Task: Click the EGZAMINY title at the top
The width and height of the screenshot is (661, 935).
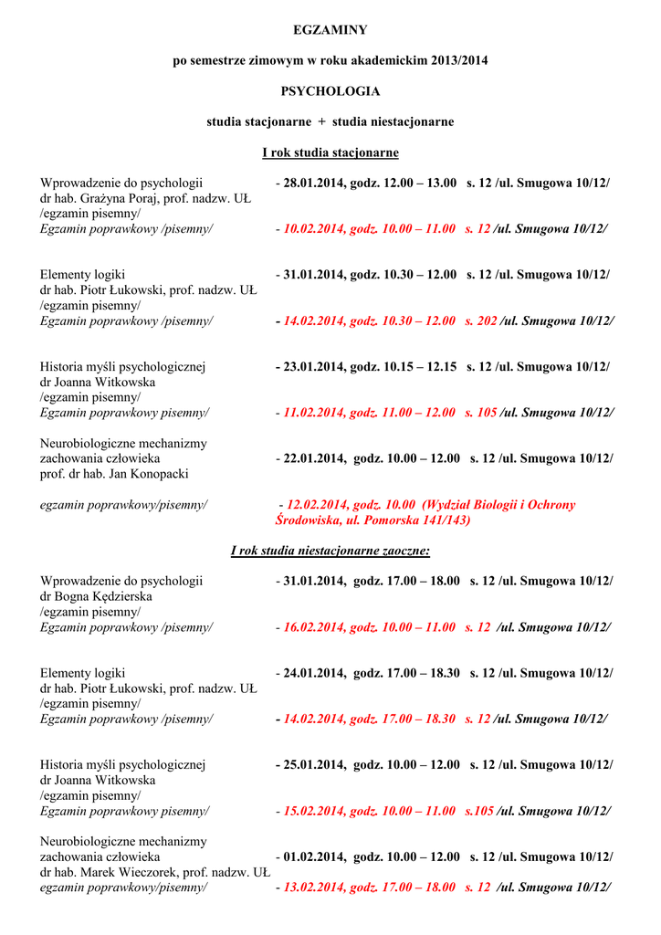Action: tap(330, 31)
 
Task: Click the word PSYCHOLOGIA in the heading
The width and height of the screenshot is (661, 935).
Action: tap(330, 91)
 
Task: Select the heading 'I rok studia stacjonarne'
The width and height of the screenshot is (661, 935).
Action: tap(330, 152)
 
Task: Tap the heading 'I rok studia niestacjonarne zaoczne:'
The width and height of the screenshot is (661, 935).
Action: tap(330, 551)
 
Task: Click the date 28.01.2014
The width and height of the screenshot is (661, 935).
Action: tap(314, 183)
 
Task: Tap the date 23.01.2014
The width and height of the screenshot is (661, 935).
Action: tap(314, 367)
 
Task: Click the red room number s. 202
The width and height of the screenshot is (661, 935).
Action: tap(481, 320)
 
